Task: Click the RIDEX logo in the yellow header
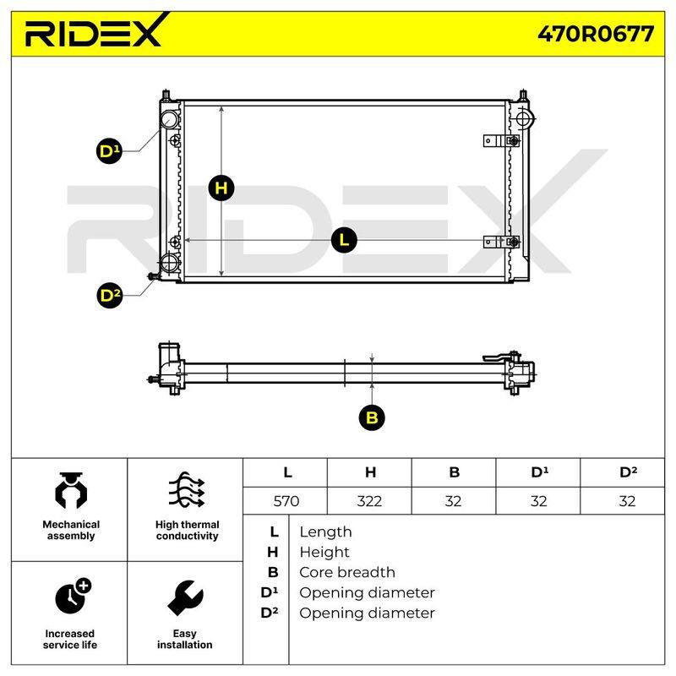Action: [95, 30]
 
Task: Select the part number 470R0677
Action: [596, 34]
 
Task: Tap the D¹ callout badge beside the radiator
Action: [109, 151]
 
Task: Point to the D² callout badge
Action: [110, 296]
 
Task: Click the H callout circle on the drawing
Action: [221, 188]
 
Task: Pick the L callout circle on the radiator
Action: [344, 240]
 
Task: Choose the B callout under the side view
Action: [372, 417]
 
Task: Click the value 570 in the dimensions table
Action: [286, 501]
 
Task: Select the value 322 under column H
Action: [369, 501]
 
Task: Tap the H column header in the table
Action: [370, 472]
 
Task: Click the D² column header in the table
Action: [628, 472]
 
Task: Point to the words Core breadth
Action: [347, 572]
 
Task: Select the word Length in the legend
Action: [325, 532]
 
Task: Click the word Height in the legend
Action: [324, 552]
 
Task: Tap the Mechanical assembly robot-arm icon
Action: [71, 491]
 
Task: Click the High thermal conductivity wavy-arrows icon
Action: [187, 490]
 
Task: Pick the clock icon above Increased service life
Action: [73, 596]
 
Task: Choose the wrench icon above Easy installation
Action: [185, 597]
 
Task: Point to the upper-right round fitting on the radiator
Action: [525, 118]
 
